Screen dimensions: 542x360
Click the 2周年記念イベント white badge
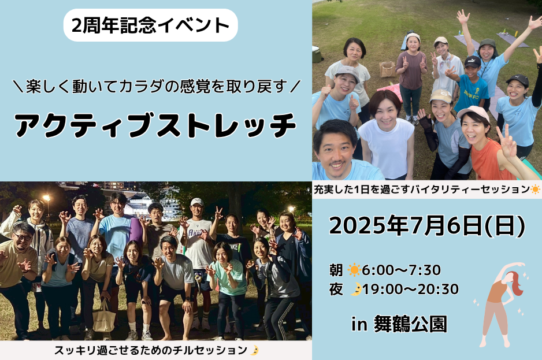pos(151,25)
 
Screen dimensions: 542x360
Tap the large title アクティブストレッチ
pos(155,125)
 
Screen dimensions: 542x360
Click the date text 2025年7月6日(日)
pos(427,226)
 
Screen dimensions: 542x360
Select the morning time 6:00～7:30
pos(402,270)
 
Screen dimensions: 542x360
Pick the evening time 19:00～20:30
pos(410,289)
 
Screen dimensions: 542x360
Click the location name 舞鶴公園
pos(410,324)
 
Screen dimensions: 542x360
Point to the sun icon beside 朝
pos(354,270)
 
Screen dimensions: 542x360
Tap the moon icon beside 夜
pos(356,289)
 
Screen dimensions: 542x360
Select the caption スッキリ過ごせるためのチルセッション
pos(151,350)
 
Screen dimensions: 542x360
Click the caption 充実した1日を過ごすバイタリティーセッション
pos(422,190)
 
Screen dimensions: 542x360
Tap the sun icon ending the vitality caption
pos(536,190)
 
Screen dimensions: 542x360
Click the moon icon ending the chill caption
pos(254,350)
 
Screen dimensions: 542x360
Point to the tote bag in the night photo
pos(104,317)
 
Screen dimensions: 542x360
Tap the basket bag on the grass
pos(388,69)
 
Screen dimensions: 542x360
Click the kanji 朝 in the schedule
pos(336,270)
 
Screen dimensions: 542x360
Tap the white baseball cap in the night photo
pos(197,202)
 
